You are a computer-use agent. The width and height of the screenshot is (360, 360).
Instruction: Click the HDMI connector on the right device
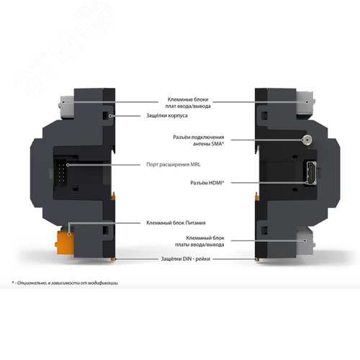click(x=311, y=173)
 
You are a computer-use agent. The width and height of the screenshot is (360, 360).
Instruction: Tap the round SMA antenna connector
click(x=307, y=140)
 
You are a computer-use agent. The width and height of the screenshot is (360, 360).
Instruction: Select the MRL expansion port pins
click(x=61, y=171)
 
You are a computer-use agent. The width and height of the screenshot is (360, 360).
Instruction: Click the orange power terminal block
click(x=65, y=243)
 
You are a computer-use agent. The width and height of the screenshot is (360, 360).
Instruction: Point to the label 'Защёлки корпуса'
click(x=167, y=116)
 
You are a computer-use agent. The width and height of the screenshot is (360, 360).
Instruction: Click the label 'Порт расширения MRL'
click(x=174, y=165)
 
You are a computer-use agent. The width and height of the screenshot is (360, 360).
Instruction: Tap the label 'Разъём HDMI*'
click(x=207, y=183)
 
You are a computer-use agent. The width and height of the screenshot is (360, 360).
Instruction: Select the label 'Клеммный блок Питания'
click(x=176, y=223)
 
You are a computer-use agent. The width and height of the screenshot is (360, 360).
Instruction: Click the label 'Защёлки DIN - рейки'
click(x=186, y=259)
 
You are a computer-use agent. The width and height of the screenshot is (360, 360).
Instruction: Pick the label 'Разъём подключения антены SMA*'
click(x=199, y=140)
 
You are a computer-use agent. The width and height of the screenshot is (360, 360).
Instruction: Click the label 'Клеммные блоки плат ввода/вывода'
click(x=188, y=103)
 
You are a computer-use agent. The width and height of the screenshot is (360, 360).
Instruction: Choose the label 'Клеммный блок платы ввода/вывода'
click(x=199, y=241)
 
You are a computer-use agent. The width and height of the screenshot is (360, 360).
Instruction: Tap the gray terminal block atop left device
click(x=67, y=107)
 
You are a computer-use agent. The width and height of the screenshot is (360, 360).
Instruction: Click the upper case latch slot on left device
click(x=106, y=116)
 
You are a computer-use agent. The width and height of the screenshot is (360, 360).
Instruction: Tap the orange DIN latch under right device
click(x=257, y=259)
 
